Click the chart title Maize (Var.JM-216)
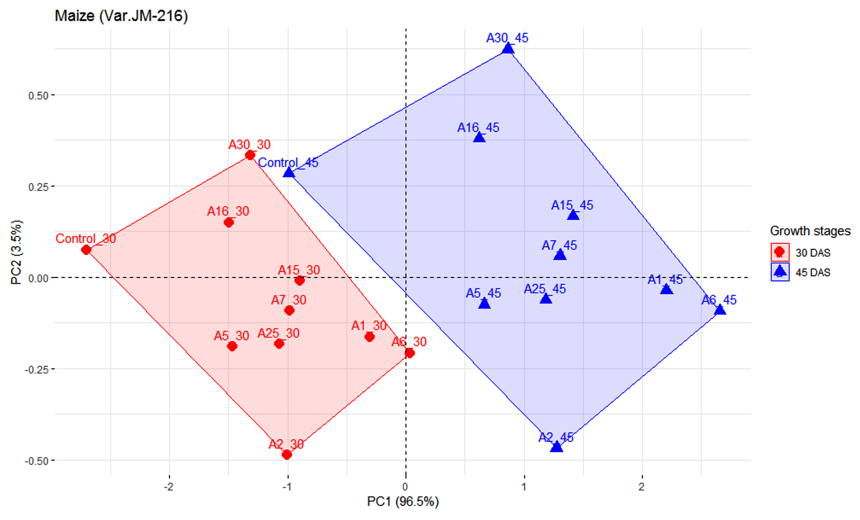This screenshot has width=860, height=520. point(121,16)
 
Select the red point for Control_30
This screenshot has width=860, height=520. point(86,250)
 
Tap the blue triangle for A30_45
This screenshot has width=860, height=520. point(508,49)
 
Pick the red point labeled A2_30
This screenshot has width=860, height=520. point(287,455)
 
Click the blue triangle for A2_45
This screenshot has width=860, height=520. point(556,447)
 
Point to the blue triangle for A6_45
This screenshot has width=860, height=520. point(720,310)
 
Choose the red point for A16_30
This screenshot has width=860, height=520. point(229,223)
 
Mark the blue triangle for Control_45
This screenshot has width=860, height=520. point(289,173)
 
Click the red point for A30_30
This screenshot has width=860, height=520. point(250,155)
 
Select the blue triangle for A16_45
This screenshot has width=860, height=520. point(479,138)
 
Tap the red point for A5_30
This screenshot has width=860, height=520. point(232,346)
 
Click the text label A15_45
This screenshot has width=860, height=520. point(572,205)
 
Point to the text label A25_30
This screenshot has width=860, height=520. point(278,333)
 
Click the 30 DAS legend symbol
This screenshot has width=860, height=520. point(779,252)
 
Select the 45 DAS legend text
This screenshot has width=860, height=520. point(813,273)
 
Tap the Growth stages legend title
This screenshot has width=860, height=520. point(810,231)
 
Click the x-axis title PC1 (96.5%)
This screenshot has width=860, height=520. point(403,501)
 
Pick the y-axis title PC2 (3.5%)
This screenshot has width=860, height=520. point(16,252)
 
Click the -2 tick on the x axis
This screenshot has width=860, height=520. point(168,487)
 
